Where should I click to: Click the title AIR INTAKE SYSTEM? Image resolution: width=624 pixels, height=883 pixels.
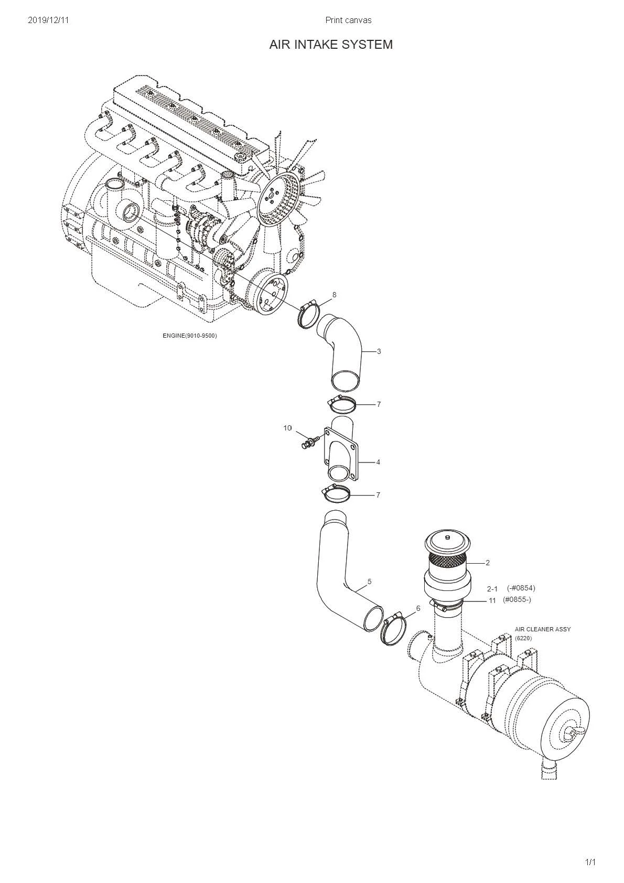coord(331,45)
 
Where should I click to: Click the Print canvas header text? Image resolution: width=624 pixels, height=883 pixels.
coord(348,20)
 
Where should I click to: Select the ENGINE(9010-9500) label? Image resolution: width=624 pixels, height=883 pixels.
coord(189,336)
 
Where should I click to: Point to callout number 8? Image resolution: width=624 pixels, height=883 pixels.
coord(334,295)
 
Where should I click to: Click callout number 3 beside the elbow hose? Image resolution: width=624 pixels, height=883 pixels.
coord(379,351)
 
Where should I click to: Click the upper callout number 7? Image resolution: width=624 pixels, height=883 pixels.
coord(379,404)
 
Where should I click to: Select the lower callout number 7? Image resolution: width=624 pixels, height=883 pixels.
coord(378,495)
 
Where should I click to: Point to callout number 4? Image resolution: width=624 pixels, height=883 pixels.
coord(378,462)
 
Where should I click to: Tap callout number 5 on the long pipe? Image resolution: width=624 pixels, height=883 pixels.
coord(370,582)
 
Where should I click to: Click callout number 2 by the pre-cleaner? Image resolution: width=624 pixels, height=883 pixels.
coord(487,563)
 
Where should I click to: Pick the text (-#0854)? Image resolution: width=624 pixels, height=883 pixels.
coord(521,588)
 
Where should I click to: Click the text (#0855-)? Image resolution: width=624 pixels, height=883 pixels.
coord(517,599)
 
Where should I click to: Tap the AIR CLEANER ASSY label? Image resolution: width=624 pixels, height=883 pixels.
coord(542,629)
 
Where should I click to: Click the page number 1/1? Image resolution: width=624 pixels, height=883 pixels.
coord(590,862)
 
